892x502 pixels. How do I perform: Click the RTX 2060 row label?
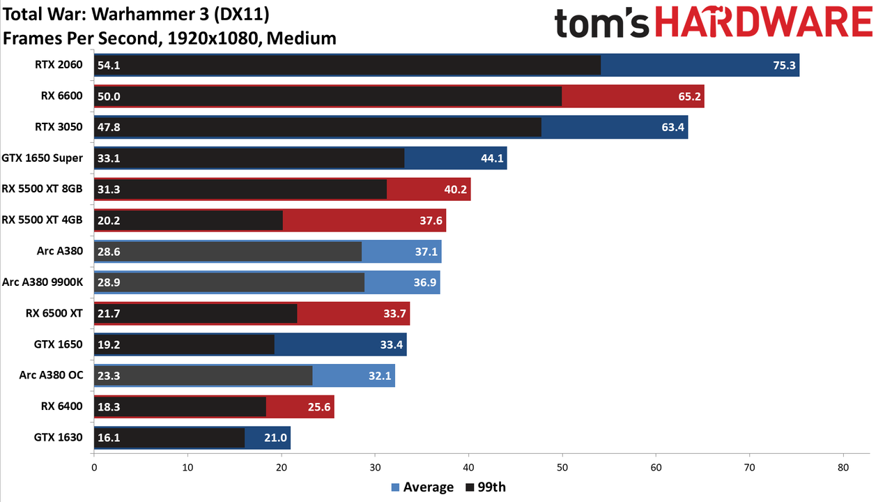(59, 65)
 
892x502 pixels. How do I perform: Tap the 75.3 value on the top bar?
(784, 66)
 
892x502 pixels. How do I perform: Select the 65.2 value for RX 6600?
(689, 96)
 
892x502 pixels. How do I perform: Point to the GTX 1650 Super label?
(43, 158)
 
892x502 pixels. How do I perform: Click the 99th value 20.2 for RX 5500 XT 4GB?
(109, 220)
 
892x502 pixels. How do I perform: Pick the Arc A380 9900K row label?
(43, 282)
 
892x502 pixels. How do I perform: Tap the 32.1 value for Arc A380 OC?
(380, 376)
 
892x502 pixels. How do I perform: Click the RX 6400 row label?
(62, 406)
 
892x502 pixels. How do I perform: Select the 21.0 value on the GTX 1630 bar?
(275, 438)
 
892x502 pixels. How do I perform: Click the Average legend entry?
(422, 487)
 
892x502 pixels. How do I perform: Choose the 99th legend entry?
(486, 487)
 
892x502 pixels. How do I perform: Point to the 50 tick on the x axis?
(562, 468)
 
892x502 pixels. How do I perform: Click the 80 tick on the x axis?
(843, 468)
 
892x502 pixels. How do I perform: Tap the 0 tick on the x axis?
(94, 468)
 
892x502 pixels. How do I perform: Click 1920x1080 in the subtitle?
(213, 38)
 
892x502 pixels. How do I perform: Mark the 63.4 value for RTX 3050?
(672, 128)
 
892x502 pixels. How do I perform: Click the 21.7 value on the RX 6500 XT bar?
(109, 314)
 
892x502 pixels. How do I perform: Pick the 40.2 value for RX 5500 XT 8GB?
(456, 189)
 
